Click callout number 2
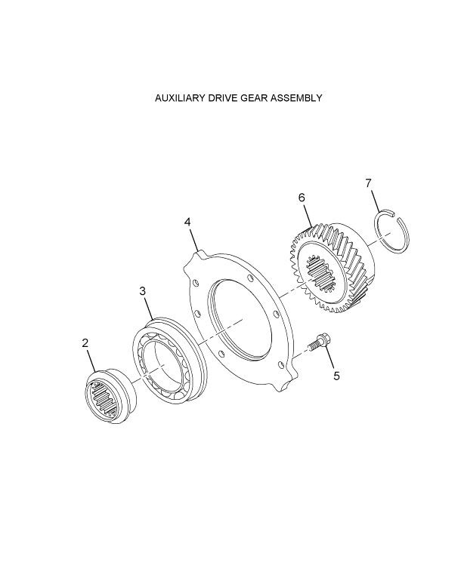(x=85, y=343)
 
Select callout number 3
(x=143, y=291)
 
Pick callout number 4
(x=187, y=222)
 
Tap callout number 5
(x=336, y=376)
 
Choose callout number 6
(x=302, y=198)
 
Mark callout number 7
(x=369, y=183)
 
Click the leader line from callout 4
(x=193, y=240)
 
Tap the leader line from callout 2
(x=91, y=361)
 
